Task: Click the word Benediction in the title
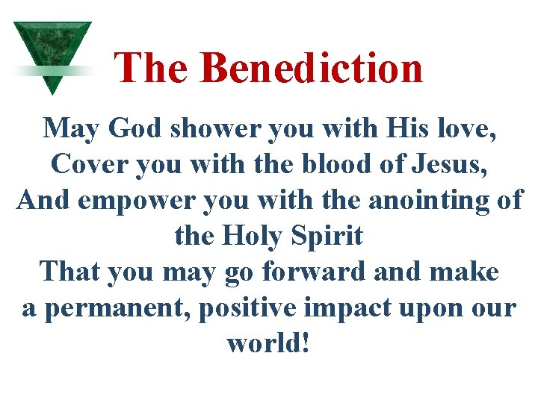point(312,67)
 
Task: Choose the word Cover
point(84,164)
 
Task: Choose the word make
point(464,272)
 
